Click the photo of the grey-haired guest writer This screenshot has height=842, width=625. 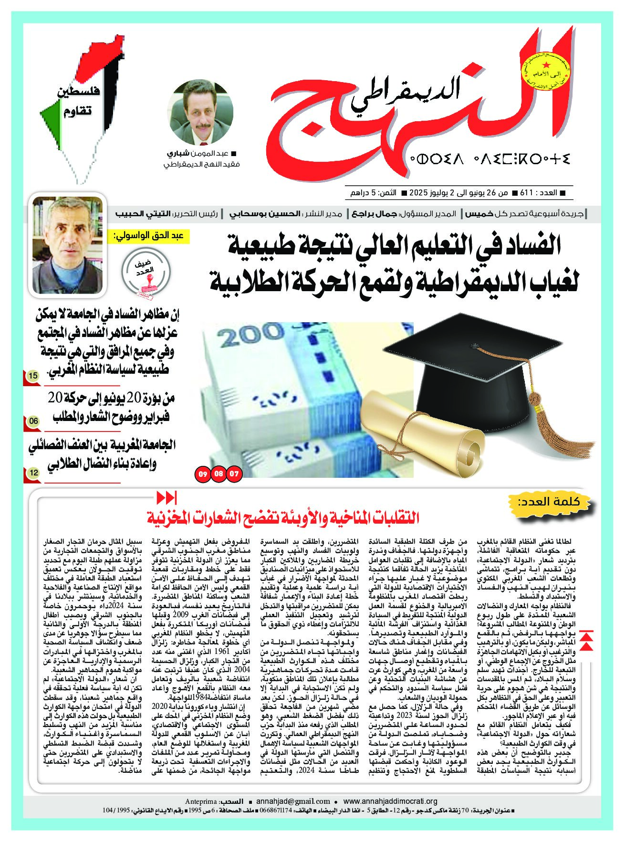point(67,245)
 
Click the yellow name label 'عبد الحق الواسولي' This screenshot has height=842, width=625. point(151,236)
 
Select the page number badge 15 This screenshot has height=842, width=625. point(33,376)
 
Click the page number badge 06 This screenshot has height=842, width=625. point(33,421)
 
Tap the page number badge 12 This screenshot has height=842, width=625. point(33,473)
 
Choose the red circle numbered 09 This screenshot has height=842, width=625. point(203,474)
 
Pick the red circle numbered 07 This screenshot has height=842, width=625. point(235,474)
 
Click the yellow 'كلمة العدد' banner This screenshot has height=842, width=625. point(555,502)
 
